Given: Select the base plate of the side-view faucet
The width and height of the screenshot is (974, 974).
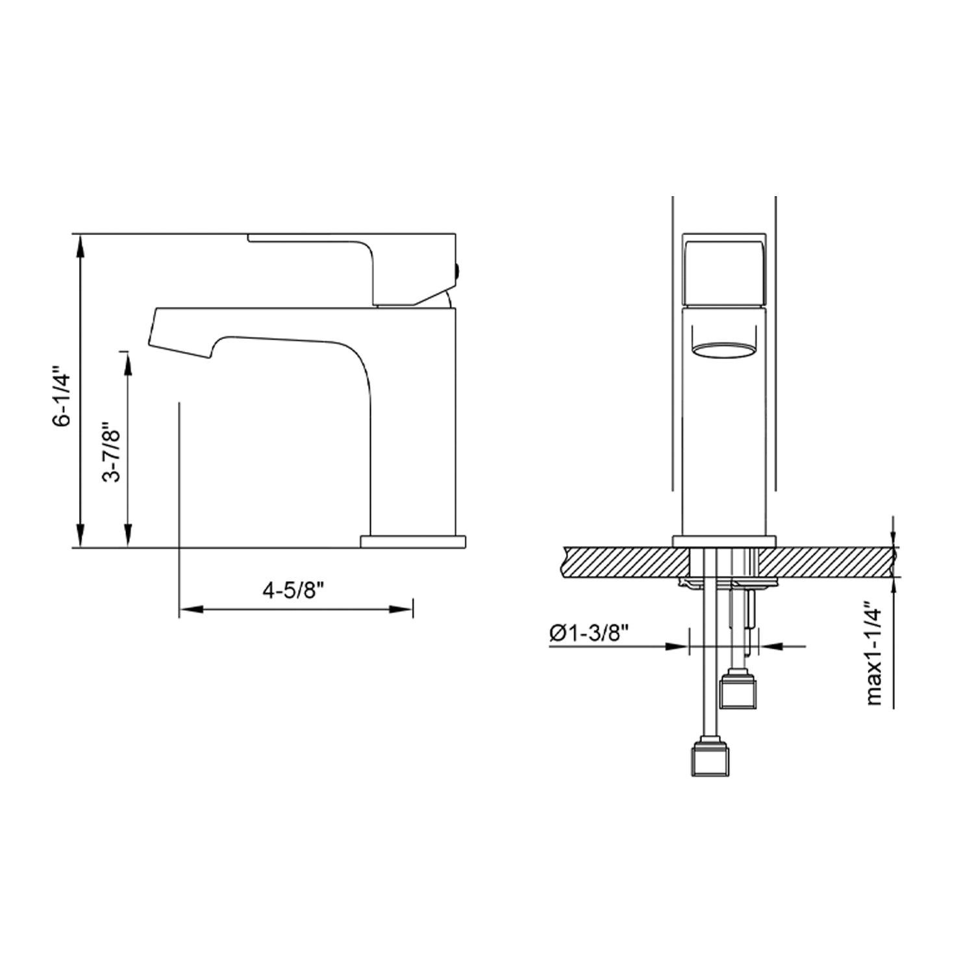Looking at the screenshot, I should pos(413,541).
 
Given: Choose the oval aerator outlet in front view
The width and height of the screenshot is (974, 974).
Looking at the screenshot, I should pos(724,350).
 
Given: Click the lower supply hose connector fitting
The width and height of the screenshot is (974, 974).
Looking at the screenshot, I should pos(712,757).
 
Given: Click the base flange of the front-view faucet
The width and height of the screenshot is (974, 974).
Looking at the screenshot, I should pos(724,541).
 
